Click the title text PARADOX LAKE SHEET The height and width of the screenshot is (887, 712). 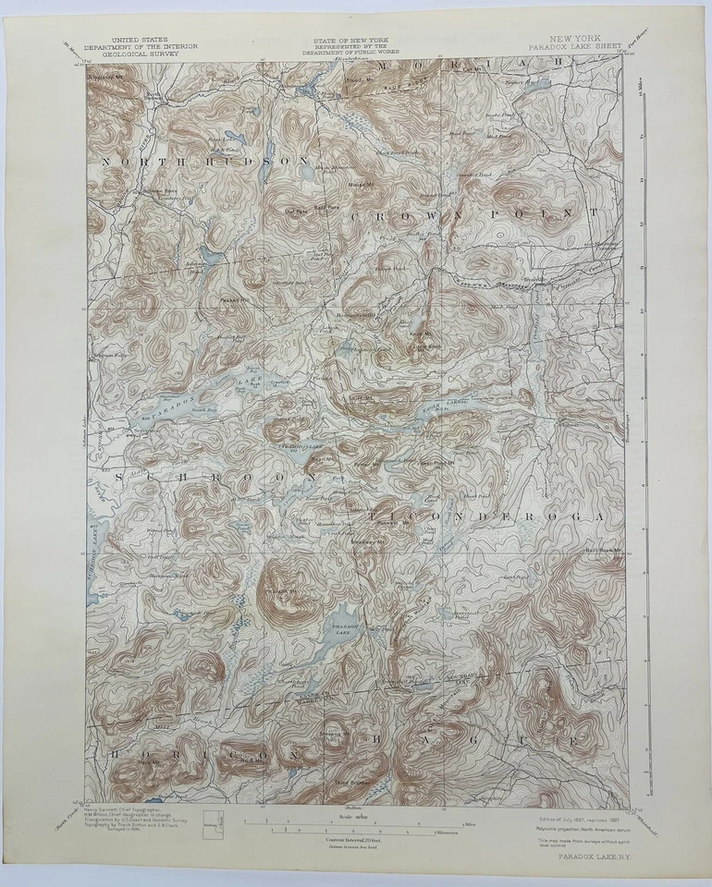coord(567,47)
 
